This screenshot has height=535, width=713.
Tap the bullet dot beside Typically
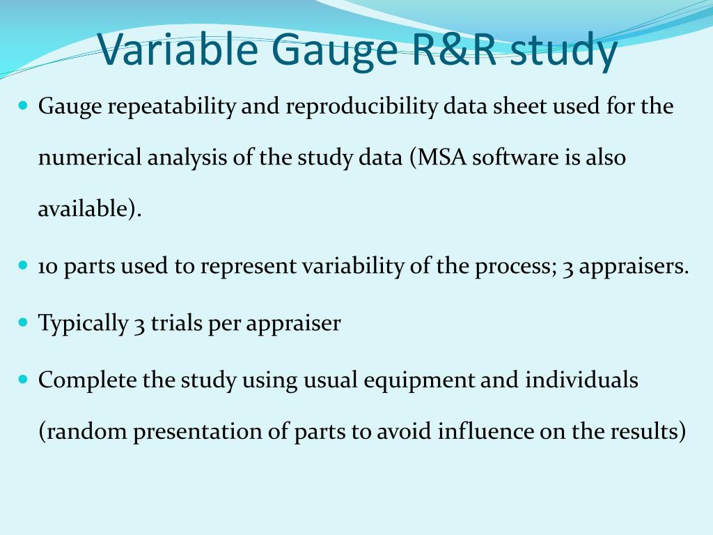[x=23, y=323]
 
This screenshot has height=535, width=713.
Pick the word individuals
[x=581, y=380]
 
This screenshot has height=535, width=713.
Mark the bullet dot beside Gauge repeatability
[x=23, y=107]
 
